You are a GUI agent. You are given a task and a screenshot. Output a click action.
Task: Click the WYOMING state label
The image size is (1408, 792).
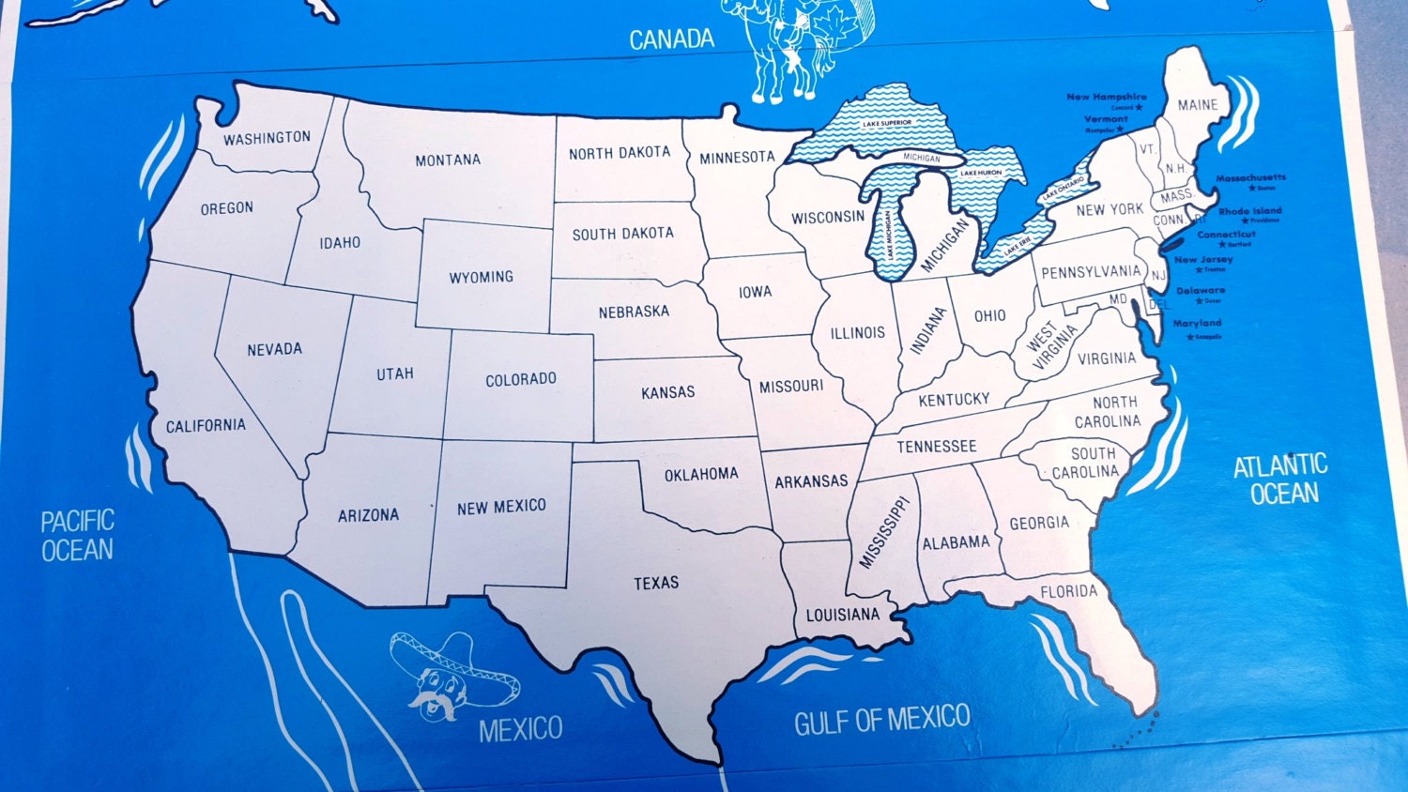481,278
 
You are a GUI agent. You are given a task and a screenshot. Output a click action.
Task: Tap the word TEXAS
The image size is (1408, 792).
656,583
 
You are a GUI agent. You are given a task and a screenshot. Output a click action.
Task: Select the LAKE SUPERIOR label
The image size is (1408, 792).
887,124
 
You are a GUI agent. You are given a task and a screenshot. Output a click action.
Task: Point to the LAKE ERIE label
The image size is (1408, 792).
1018,247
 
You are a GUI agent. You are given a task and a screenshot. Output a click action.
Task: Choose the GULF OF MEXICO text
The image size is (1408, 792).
881,721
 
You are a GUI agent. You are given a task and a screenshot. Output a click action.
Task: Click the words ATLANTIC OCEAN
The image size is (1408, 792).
1281,479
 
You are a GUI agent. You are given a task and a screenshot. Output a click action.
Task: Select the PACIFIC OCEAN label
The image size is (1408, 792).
77,536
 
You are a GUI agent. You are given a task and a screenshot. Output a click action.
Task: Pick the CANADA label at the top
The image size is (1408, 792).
671,39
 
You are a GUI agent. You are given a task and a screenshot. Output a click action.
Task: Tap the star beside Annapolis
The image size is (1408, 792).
1189,337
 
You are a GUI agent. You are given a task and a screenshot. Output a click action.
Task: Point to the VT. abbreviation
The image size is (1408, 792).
1147,149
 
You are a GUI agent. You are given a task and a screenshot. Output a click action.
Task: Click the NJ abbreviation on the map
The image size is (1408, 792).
1159,276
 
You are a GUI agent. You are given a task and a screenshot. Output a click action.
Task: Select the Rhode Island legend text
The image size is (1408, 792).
1250,211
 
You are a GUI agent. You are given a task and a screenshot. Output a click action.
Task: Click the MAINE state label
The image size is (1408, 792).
1198,105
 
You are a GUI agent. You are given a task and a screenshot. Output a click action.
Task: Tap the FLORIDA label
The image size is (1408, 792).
1068,591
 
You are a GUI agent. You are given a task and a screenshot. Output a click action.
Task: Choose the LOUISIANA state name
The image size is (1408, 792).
843,615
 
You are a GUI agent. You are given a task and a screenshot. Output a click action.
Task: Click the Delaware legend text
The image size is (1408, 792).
1201,291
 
